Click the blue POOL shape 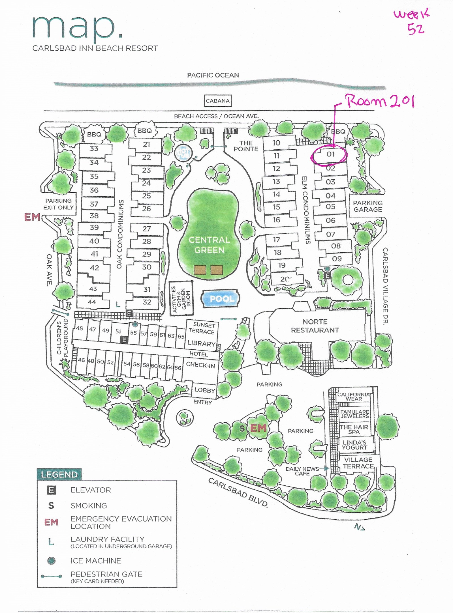pyautogui.click(x=221, y=299)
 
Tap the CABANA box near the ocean pyautogui.click(x=217, y=101)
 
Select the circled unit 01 pyautogui.click(x=330, y=154)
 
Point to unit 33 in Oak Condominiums pyautogui.click(x=94, y=149)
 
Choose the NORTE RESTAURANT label pyautogui.click(x=315, y=326)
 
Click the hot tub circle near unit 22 pyautogui.click(x=183, y=153)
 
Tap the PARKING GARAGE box pyautogui.click(x=367, y=206)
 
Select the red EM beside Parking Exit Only pyautogui.click(x=32, y=217)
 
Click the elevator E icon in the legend pyautogui.click(x=51, y=490)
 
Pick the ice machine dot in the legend pyautogui.click(x=51, y=561)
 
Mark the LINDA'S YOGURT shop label pyautogui.click(x=354, y=445)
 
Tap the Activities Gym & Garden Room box pyautogui.click(x=181, y=298)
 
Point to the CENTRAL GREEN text pyautogui.click(x=209, y=245)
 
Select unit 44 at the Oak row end pyautogui.click(x=92, y=302)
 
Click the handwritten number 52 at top pyautogui.click(x=416, y=29)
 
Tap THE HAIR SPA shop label pyautogui.click(x=354, y=429)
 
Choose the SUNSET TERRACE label pyautogui.click(x=202, y=328)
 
